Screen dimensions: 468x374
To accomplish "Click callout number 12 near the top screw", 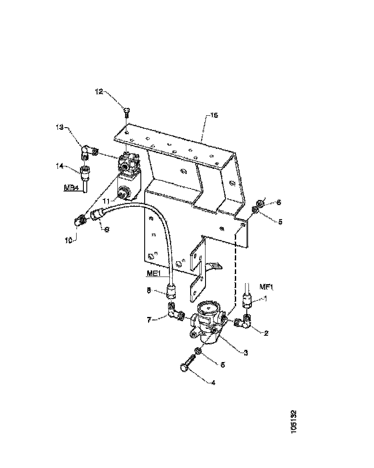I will coord(99,91).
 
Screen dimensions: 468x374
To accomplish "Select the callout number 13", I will coord(60,127).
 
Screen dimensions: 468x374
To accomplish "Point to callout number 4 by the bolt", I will coord(213,382).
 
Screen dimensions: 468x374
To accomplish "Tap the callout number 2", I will coord(266,333).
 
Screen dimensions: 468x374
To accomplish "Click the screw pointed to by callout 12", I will coord(126,112).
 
